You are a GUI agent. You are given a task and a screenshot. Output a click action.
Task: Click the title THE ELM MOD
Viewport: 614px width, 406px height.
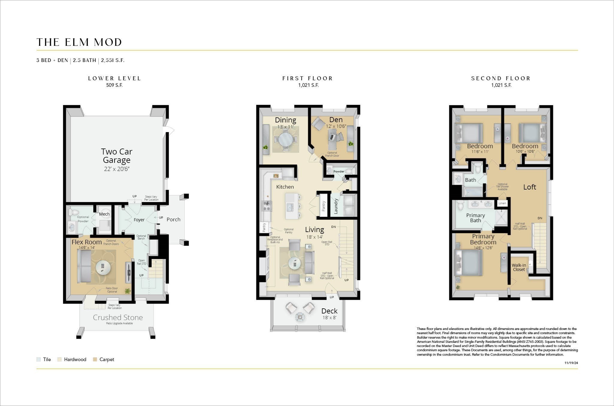(79, 42)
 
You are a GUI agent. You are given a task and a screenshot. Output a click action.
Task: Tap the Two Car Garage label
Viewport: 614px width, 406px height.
(117, 156)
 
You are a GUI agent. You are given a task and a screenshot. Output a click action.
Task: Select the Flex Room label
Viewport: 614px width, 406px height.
(87, 242)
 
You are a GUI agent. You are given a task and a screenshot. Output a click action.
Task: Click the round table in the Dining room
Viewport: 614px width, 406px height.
(285, 139)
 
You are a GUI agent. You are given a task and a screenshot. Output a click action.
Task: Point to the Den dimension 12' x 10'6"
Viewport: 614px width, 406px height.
(336, 126)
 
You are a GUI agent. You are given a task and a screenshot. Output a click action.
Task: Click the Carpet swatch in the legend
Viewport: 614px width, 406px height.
(95, 360)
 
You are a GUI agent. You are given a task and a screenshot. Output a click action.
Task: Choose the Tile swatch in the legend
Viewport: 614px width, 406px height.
(38, 360)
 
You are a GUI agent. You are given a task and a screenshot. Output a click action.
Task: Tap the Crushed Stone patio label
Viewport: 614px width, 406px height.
(118, 317)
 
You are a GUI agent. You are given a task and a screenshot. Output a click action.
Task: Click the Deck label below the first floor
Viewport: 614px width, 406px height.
(329, 311)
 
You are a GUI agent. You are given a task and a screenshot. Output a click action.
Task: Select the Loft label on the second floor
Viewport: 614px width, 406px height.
(529, 187)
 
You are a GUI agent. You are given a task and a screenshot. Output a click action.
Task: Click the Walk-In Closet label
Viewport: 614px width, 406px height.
(519, 267)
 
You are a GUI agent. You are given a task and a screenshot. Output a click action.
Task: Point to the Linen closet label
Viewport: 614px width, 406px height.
(502, 203)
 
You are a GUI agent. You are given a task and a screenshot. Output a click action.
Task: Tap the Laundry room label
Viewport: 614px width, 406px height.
(336, 206)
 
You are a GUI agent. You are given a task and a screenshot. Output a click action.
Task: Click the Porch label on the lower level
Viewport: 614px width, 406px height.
(173, 219)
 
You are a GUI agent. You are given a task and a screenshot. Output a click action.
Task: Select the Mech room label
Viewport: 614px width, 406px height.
(104, 214)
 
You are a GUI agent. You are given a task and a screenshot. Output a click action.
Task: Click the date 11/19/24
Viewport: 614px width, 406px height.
(571, 363)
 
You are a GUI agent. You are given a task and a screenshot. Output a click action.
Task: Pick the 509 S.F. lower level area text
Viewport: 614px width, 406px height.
(114, 85)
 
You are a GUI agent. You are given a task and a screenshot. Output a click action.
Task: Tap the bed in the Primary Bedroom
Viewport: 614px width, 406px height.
(469, 263)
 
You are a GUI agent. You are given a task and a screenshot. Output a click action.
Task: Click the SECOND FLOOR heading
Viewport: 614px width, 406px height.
(501, 78)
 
